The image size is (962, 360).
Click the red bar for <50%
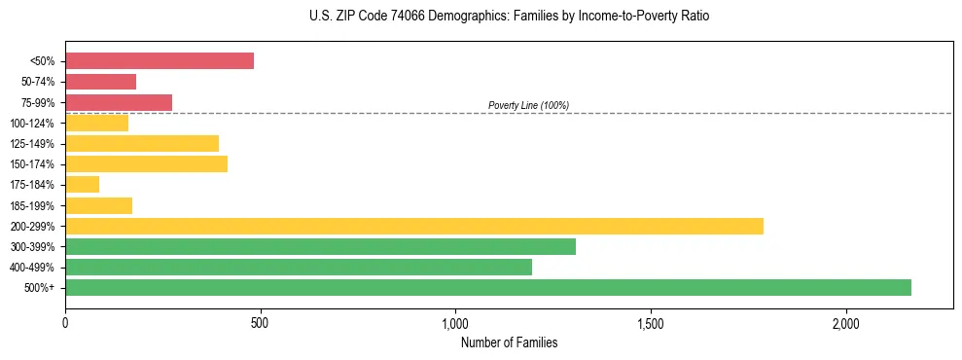[160, 61]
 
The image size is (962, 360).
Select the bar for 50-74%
[100, 82]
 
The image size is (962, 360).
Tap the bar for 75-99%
[119, 102]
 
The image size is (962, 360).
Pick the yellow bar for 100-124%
[96, 123]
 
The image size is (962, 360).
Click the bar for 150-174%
[146, 164]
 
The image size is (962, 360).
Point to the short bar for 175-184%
[82, 185]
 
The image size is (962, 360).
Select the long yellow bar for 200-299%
[413, 227]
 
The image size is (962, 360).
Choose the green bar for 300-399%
[320, 247]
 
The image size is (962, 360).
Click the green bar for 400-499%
[299, 268]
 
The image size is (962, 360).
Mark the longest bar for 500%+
[487, 288]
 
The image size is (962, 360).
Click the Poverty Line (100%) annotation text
[528, 105]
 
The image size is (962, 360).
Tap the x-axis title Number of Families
[509, 343]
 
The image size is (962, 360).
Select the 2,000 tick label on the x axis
[845, 323]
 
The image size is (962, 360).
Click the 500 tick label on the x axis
[260, 323]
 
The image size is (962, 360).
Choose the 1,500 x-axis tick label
[651, 323]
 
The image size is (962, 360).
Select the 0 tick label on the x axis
[65, 323]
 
